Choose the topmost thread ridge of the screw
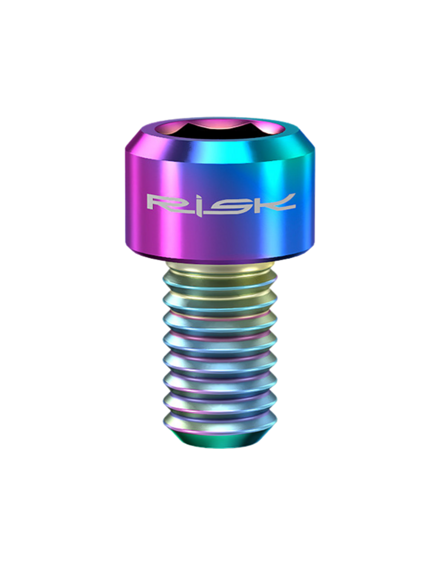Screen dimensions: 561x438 (x=219, y=285)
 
